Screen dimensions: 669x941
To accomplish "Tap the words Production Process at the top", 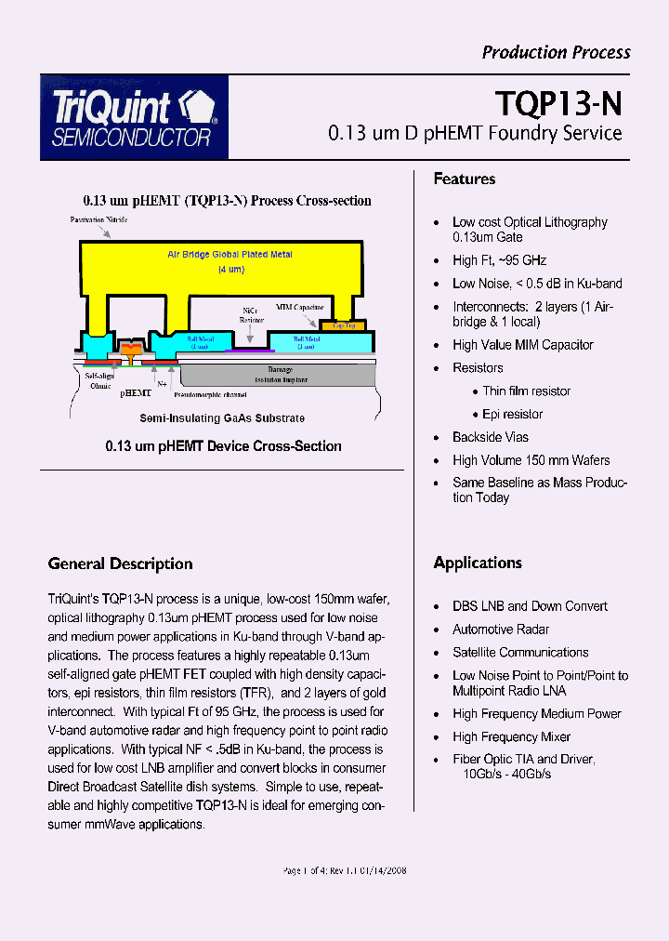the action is pyautogui.click(x=556, y=53).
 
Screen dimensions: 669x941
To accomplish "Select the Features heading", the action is pyautogui.click(x=465, y=179).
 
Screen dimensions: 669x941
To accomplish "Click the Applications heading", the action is pyautogui.click(x=478, y=563).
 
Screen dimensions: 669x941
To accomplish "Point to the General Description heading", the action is pyautogui.click(x=120, y=563).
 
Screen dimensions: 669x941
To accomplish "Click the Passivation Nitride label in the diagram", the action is pyautogui.click(x=99, y=219).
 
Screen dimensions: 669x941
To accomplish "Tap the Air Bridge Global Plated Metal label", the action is pyautogui.click(x=230, y=254).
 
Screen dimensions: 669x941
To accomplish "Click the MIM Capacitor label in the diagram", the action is pyautogui.click(x=300, y=306).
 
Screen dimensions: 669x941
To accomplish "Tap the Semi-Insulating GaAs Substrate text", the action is pyautogui.click(x=222, y=418).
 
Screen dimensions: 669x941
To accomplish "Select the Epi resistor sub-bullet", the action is pyautogui.click(x=512, y=414).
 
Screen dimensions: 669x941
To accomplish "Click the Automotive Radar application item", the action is pyautogui.click(x=501, y=630).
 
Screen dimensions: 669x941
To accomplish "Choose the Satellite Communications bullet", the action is pyautogui.click(x=520, y=653).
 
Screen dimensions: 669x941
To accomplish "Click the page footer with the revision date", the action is pyautogui.click(x=344, y=871).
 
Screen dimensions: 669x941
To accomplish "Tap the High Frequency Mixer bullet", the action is pyautogui.click(x=511, y=736).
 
